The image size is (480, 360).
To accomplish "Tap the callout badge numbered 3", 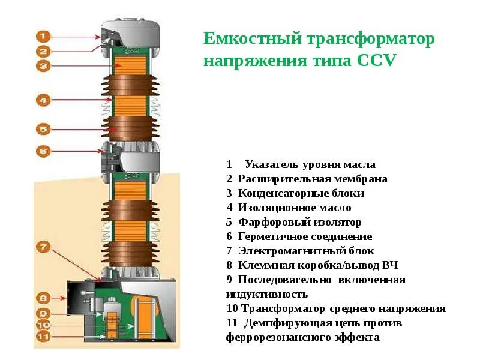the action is (43, 66).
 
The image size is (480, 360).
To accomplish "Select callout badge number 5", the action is (43, 128).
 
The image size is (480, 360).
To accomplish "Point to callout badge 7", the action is (43, 246).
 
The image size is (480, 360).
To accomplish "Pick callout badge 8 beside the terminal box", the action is (43, 297).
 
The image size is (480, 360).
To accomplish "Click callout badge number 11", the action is (43, 337).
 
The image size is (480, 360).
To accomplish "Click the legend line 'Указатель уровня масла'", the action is (310, 164).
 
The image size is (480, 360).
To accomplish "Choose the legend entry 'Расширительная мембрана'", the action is (313, 179).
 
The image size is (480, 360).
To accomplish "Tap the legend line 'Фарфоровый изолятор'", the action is (300, 222).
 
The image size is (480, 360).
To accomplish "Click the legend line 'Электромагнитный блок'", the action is (306, 251).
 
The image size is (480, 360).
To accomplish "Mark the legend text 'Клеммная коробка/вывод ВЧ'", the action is (318, 265).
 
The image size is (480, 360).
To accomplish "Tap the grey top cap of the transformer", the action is (131, 32).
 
